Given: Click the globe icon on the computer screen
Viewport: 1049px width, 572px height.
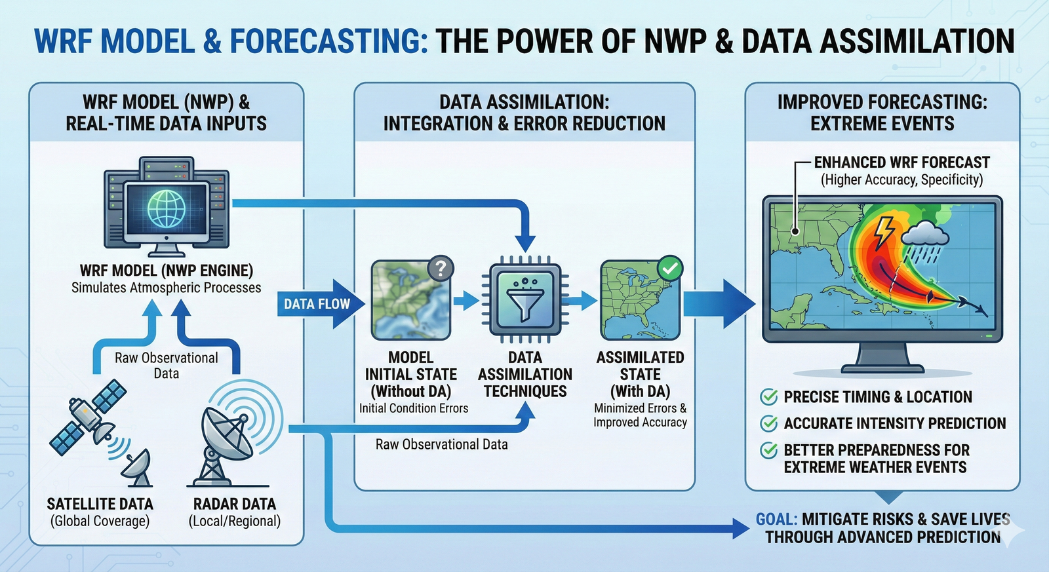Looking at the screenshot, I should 167,209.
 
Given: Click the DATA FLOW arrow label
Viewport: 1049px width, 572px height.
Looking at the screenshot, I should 317,304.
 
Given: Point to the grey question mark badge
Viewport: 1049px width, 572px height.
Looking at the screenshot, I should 441,268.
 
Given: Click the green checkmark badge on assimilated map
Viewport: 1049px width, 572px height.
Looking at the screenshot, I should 669,268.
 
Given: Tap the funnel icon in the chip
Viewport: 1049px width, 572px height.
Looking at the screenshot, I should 524,300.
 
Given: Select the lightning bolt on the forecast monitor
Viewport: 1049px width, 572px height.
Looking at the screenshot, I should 884,230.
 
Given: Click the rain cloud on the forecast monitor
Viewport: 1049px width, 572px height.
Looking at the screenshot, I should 926,236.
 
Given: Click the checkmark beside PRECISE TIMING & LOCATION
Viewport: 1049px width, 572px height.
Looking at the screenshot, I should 768,396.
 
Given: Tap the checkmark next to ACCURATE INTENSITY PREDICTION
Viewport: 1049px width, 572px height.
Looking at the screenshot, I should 768,423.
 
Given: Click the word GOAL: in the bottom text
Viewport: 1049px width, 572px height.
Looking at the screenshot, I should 776,520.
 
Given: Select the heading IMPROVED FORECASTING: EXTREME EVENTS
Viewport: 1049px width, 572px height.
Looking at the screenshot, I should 882,113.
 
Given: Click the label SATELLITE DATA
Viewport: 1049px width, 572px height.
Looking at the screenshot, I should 100,504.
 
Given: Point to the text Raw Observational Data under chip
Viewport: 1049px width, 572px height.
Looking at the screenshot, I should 441,444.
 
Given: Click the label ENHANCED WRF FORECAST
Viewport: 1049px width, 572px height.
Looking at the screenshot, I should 901,162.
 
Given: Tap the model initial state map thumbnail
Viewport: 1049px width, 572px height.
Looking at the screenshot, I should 410,300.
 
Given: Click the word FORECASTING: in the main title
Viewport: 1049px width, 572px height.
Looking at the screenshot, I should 328,41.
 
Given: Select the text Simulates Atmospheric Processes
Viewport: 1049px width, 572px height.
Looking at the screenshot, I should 166,288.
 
